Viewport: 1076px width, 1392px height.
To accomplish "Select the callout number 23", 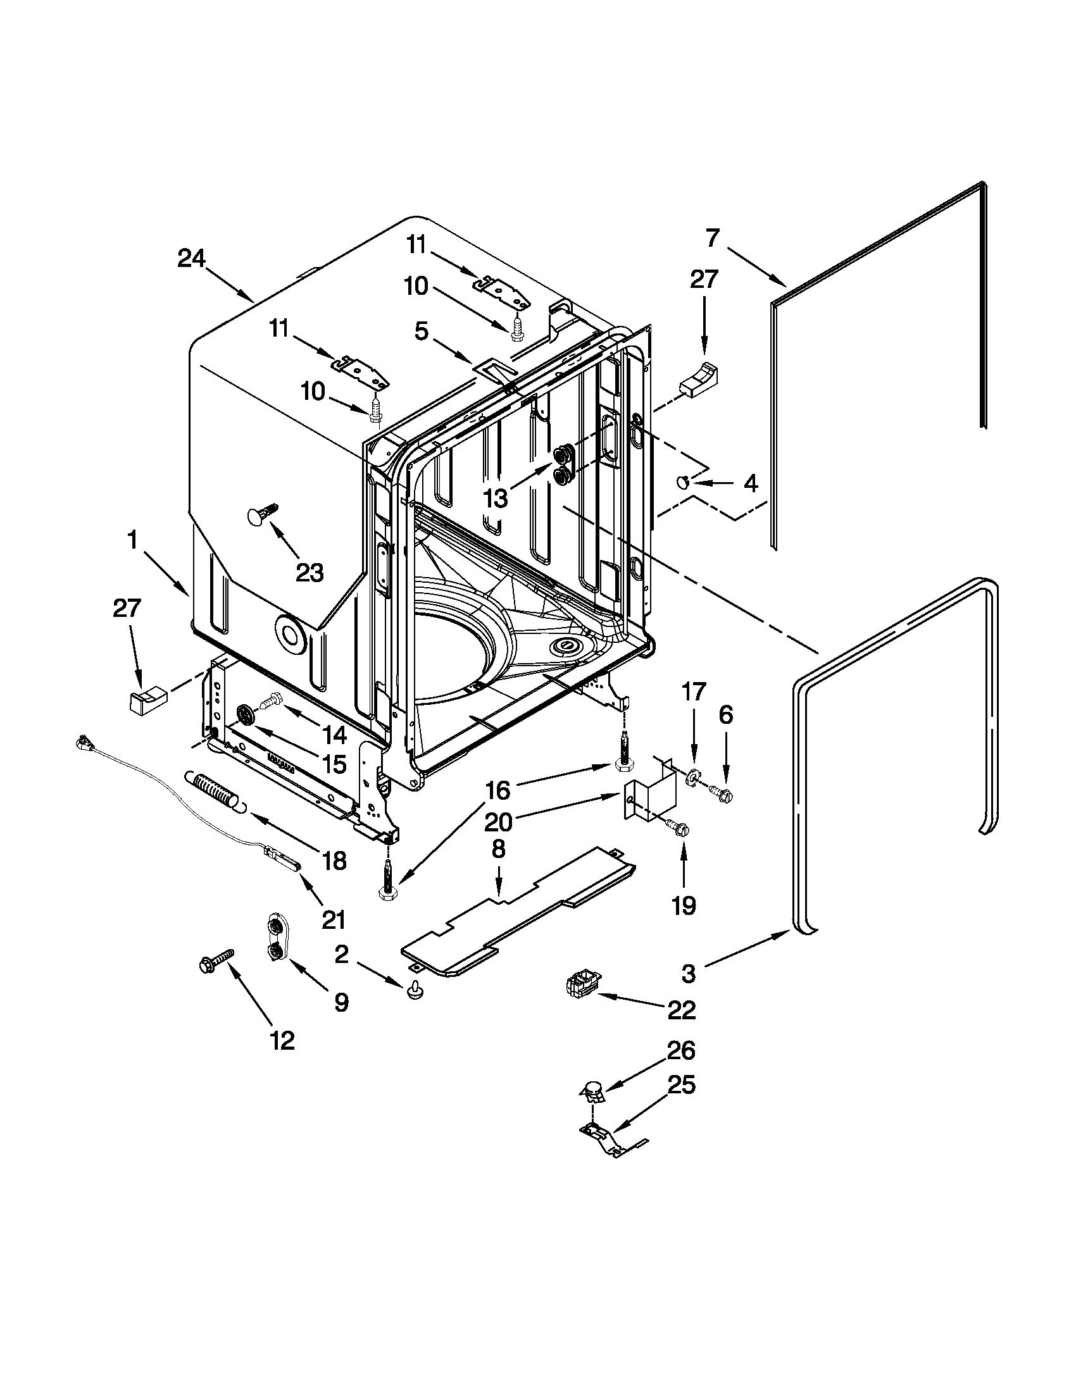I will [x=309, y=573].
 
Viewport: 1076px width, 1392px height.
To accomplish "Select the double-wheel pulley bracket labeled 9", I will [x=275, y=938].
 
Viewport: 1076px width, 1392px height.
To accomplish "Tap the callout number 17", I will [x=694, y=691].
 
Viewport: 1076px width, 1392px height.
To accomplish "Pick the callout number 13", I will [x=496, y=498].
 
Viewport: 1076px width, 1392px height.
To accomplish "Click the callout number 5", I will [x=421, y=332].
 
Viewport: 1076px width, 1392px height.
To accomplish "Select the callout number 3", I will [x=689, y=973].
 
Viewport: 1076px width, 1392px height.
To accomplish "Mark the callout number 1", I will [x=132, y=540].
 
